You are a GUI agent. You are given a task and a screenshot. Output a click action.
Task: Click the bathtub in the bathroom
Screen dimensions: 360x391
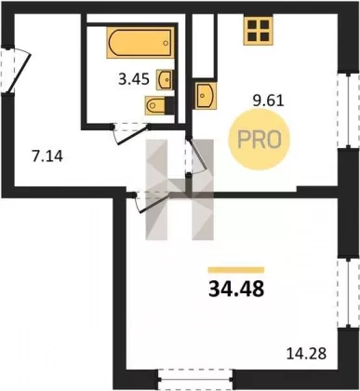pos(140,43)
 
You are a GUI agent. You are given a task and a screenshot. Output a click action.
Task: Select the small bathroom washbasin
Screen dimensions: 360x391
pos(165,80)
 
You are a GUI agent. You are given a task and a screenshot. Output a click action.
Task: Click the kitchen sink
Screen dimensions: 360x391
pos(207,95)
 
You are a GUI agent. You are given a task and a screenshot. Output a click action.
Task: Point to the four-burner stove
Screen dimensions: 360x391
pos(258,31)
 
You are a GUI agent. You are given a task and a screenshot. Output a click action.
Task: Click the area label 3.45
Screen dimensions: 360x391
pos(134,79)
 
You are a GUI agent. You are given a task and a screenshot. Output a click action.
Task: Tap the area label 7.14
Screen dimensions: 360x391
pos(47,156)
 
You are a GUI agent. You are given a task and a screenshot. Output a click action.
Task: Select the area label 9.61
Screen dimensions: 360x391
pos(269,101)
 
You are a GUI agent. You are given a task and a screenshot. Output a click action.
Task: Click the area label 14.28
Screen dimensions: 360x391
pos(306,354)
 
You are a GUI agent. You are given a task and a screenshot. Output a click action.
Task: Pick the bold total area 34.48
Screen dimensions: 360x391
pos(236,289)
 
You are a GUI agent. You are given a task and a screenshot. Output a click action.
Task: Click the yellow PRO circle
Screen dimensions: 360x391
pos(259,140)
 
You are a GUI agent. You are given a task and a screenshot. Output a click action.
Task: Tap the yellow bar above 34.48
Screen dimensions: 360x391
pos(236,270)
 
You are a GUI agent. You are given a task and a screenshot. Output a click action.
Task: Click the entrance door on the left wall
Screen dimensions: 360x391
pos(16,70)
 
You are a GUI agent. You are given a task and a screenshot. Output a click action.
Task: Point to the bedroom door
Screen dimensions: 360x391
pos(151,201)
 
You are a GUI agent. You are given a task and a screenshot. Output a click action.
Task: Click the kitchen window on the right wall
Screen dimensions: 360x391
pos(349,111)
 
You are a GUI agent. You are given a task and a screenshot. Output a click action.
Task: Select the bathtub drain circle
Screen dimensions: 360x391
pos(166,43)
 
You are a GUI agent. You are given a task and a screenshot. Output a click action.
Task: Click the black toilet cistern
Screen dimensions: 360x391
pos(169,105)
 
